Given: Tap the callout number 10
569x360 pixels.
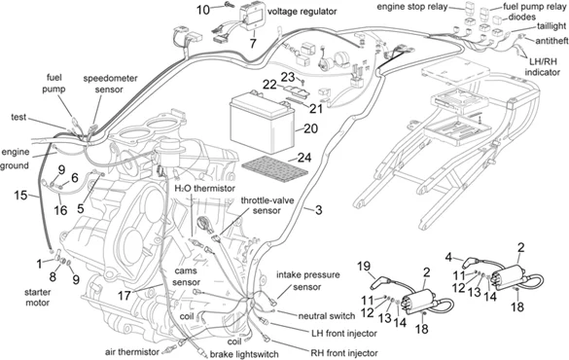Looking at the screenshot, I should [x=203, y=10].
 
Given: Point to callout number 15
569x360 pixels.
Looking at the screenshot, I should [x=20, y=197].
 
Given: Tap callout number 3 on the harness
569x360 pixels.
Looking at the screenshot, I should [x=316, y=209].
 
